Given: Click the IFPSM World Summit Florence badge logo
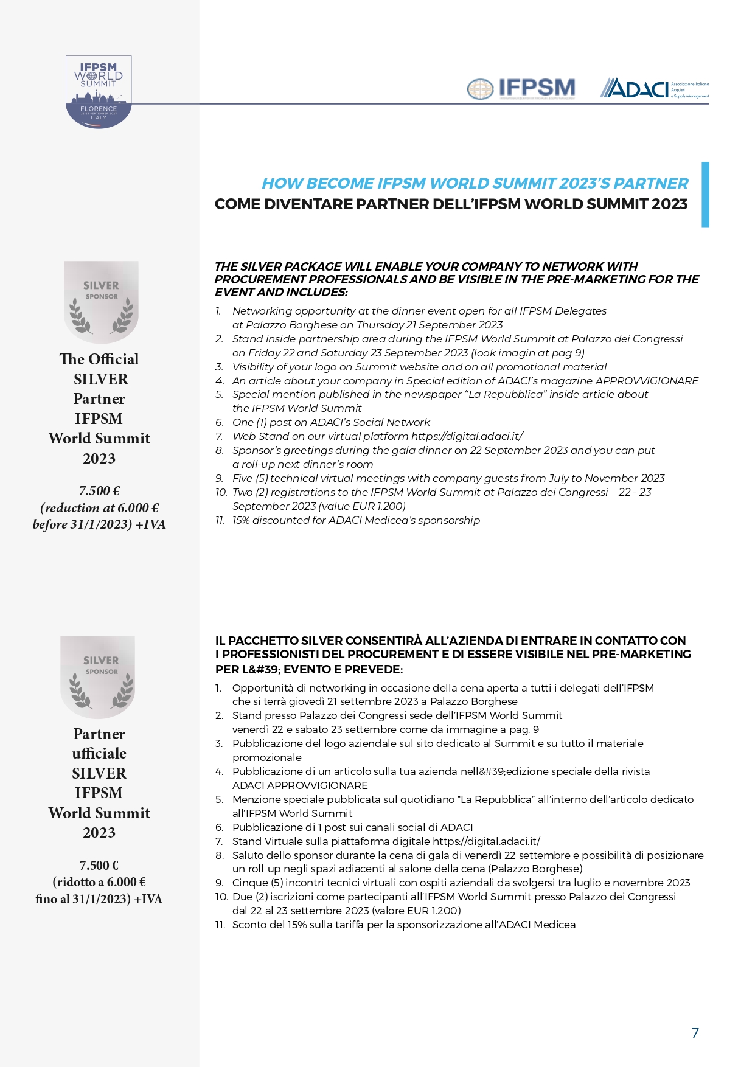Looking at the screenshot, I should tap(99, 92).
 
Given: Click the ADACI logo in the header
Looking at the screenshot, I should tap(653, 89).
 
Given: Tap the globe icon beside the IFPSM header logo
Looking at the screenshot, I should tap(480, 89).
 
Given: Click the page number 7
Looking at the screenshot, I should tap(695, 1033).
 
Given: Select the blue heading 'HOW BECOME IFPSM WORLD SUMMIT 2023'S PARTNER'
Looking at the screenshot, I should tap(475, 184).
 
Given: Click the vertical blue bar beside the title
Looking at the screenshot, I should tap(705, 195).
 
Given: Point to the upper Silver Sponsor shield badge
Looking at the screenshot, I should tap(101, 302).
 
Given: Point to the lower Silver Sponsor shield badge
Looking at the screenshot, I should tap(98, 677).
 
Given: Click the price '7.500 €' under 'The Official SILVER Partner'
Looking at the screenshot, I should tap(99, 491).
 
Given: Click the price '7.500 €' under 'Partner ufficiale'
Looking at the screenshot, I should tap(99, 866).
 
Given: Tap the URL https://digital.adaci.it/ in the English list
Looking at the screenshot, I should tap(467, 436).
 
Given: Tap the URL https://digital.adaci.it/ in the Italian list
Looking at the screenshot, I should tap(486, 841).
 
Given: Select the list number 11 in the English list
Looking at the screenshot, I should tap(220, 521).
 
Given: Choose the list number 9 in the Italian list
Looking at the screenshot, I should tap(219, 883).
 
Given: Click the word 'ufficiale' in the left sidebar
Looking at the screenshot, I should tap(99, 754).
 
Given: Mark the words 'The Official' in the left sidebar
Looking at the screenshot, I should tap(99, 360).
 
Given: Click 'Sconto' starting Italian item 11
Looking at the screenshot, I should tap(249, 925).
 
